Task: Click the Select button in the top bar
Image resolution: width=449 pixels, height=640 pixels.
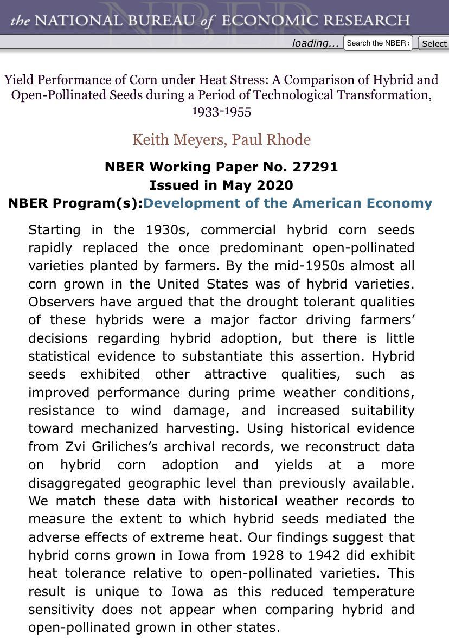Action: click(x=434, y=43)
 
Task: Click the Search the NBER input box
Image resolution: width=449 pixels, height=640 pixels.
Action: click(x=378, y=43)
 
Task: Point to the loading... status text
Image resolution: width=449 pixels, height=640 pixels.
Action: click(x=315, y=43)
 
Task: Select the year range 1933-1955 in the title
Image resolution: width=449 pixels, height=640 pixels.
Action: click(x=221, y=111)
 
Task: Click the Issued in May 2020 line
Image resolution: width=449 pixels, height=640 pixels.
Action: click(x=221, y=185)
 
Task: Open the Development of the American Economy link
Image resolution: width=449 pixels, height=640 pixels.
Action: click(x=288, y=204)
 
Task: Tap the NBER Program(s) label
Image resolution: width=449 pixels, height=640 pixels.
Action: click(x=75, y=204)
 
